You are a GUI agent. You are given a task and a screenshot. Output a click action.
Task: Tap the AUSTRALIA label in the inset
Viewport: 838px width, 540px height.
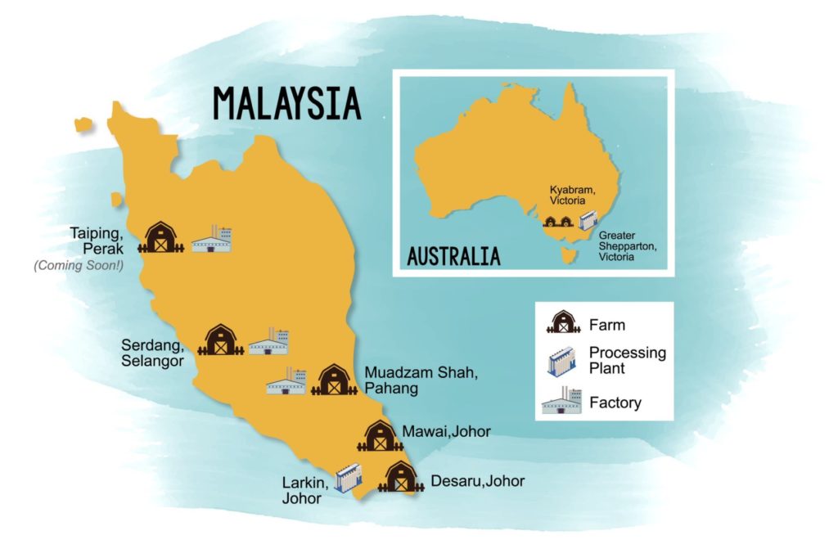click(x=453, y=255)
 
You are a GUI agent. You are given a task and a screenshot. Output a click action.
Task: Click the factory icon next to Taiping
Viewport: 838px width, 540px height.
click(x=212, y=239)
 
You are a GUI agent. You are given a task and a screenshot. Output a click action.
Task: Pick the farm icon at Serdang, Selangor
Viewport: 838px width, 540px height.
click(x=219, y=340)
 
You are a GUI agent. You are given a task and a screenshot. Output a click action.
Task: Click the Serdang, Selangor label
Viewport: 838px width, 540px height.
click(x=153, y=353)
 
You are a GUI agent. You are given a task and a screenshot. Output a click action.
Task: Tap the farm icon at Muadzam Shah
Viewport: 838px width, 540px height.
click(x=333, y=379)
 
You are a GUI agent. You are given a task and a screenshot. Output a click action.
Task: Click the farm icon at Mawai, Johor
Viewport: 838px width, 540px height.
click(x=379, y=436)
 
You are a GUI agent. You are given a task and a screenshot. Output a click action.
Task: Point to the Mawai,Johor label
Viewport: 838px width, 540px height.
click(x=446, y=431)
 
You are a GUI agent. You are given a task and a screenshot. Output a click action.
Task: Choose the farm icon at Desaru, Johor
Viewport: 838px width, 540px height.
click(x=401, y=477)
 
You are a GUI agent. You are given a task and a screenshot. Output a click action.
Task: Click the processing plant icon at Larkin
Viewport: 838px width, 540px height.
click(x=346, y=479)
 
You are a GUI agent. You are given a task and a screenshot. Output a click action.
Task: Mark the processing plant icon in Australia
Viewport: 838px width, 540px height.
click(x=587, y=221)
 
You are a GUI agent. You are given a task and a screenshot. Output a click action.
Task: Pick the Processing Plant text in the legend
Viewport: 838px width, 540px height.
click(x=627, y=360)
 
